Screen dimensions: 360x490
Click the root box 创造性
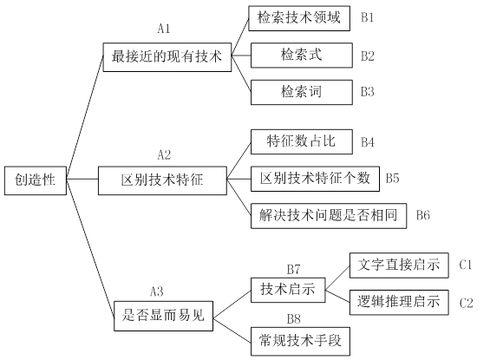coord(36,180)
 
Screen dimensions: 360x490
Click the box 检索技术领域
coord(299,17)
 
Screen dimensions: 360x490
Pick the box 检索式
coord(299,55)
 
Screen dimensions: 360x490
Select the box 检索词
coord(299,91)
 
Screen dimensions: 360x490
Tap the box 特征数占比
coord(299,141)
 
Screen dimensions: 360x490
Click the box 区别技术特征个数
coord(314,179)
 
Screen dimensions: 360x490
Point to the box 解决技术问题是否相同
coord(329,215)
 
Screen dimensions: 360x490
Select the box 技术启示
coord(286,289)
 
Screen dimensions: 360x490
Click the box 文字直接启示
coord(399,265)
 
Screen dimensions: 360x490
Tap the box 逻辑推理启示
coord(399,303)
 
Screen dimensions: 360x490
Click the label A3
coord(157,291)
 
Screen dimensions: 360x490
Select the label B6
coord(423,215)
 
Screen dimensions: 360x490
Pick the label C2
coord(467,303)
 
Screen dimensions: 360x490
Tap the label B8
coord(293,317)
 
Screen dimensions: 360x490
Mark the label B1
coord(368,17)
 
